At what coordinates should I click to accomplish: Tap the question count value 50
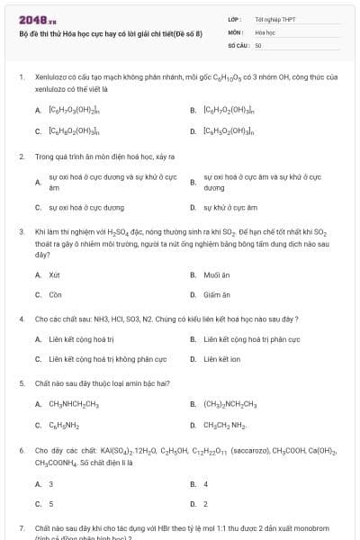(x=258, y=43)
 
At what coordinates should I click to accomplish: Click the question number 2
(x=22, y=156)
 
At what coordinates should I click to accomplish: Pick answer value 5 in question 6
(x=50, y=504)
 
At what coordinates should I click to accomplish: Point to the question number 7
(x=22, y=527)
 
